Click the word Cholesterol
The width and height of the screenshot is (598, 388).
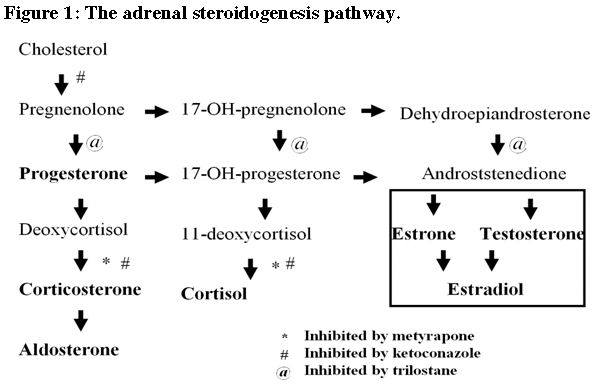pos(63,48)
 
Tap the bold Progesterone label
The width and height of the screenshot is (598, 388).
pos(73,174)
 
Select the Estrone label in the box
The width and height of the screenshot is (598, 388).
pos(422,234)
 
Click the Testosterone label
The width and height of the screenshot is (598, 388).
pos(531,234)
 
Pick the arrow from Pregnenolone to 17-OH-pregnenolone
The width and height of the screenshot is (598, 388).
pos(157,111)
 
